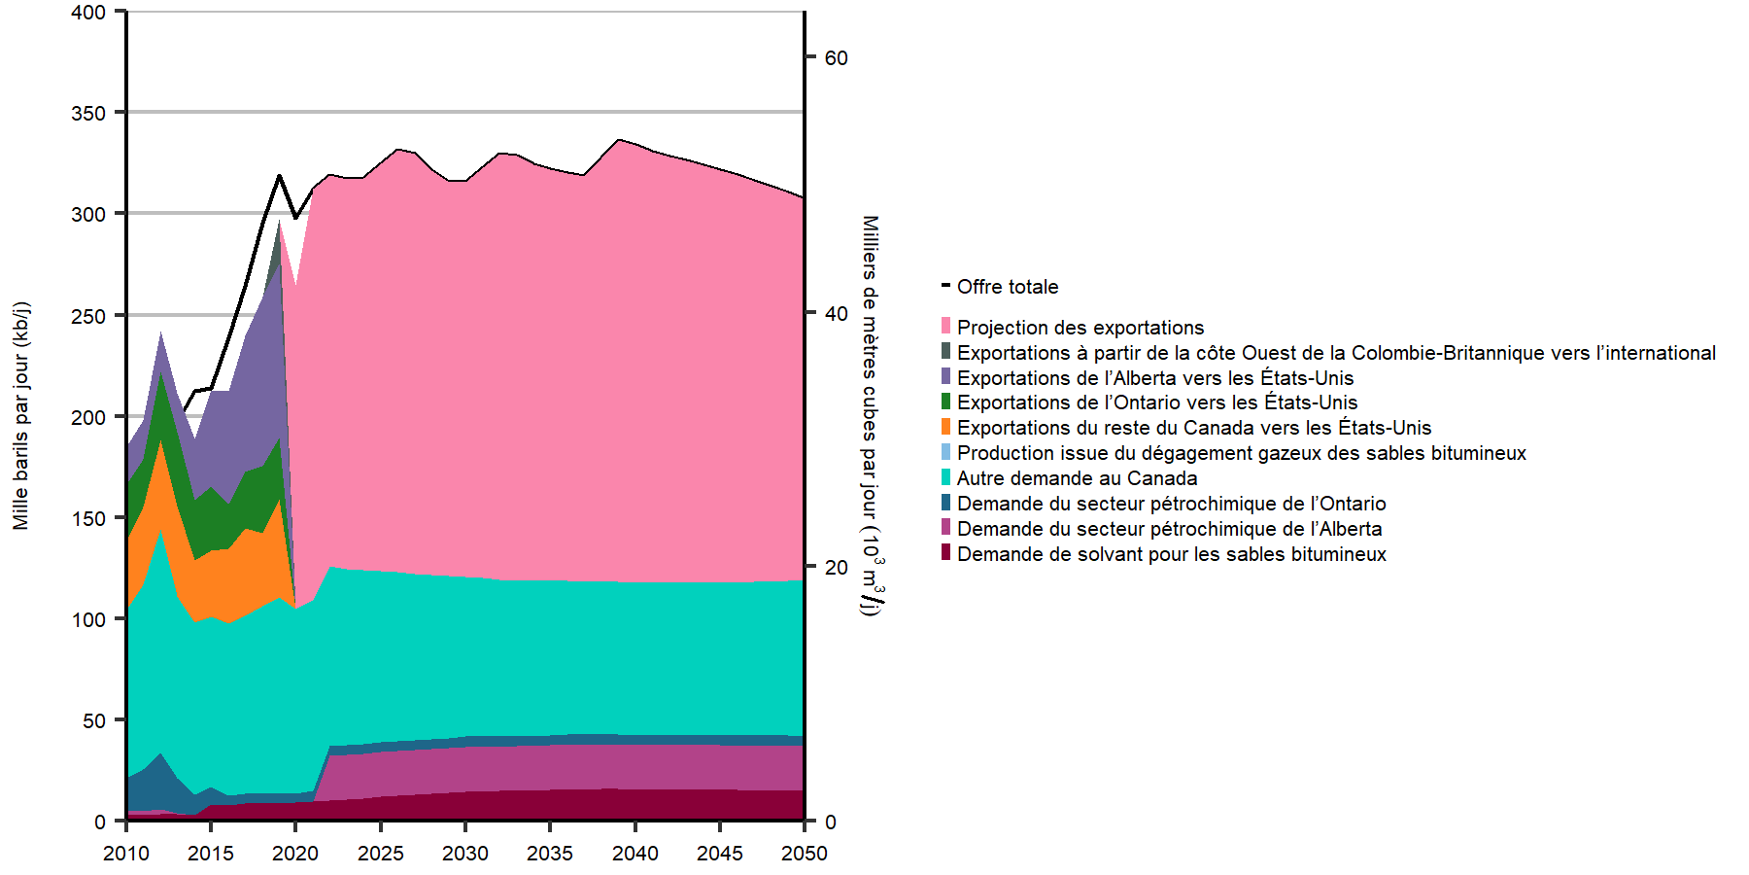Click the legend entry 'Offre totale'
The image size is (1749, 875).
click(1007, 287)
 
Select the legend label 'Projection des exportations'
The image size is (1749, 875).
click(1080, 328)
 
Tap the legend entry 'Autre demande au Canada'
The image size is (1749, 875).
click(1077, 478)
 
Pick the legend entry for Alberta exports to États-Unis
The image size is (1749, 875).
click(1154, 378)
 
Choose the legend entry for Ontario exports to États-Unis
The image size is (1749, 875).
click(1156, 402)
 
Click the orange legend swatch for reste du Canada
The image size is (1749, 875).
click(946, 428)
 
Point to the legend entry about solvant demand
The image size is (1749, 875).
click(1171, 554)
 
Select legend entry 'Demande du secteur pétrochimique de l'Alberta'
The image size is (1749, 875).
click(1169, 529)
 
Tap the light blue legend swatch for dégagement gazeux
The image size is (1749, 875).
click(946, 453)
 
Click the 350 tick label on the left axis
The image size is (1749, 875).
click(88, 113)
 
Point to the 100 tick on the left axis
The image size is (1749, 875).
click(88, 619)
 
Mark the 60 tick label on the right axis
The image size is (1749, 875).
click(836, 58)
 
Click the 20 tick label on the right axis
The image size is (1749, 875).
click(836, 568)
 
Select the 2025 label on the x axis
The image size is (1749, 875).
click(381, 854)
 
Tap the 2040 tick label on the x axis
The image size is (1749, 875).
click(635, 854)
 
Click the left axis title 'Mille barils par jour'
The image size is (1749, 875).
click(21, 416)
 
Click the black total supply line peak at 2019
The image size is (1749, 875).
click(280, 176)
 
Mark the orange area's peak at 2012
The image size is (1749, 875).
click(160, 442)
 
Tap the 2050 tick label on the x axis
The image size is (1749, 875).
click(805, 854)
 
